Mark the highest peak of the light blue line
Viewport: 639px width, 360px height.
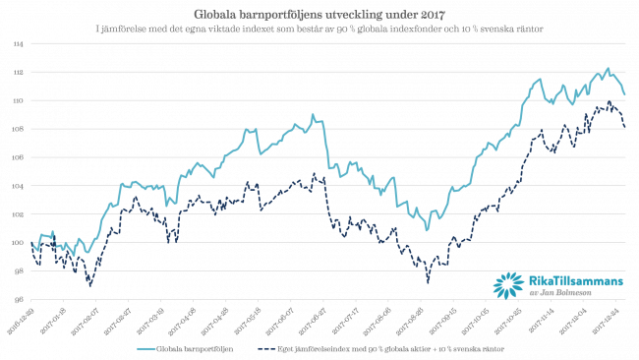(x=608, y=68)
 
